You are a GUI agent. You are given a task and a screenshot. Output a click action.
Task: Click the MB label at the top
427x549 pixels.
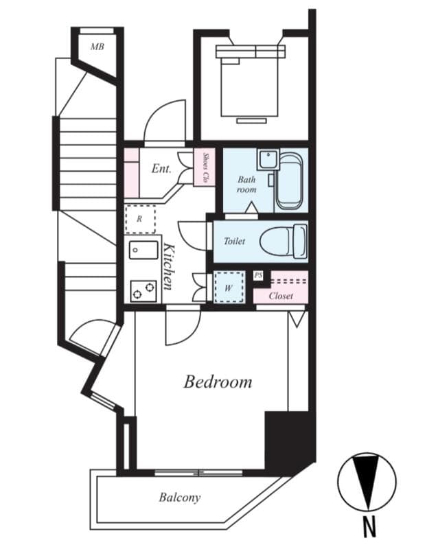(x=98, y=47)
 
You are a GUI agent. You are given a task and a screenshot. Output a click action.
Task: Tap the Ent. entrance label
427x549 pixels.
(x=161, y=168)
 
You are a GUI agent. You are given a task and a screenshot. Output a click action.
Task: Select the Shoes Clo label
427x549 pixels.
(x=205, y=167)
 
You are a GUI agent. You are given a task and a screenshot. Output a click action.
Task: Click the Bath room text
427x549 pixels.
(x=246, y=184)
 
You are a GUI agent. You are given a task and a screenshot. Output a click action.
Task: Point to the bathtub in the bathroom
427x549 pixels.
(x=289, y=182)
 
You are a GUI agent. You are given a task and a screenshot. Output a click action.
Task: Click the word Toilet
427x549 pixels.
(x=234, y=242)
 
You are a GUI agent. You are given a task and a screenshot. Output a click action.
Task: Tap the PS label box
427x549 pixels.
(x=258, y=275)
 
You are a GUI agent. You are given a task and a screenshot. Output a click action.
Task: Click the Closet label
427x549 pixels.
(x=281, y=296)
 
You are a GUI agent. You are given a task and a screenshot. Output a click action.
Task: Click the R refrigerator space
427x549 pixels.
(x=139, y=219)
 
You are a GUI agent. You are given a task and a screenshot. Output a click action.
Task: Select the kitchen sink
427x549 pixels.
(x=142, y=250)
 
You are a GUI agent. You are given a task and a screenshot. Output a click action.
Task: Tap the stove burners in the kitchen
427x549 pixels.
(x=142, y=291)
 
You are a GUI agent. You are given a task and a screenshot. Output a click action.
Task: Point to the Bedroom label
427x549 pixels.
(x=217, y=382)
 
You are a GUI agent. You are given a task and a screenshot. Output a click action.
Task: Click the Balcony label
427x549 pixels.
(x=180, y=497)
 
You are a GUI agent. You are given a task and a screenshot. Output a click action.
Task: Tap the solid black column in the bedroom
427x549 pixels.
(x=288, y=439)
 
